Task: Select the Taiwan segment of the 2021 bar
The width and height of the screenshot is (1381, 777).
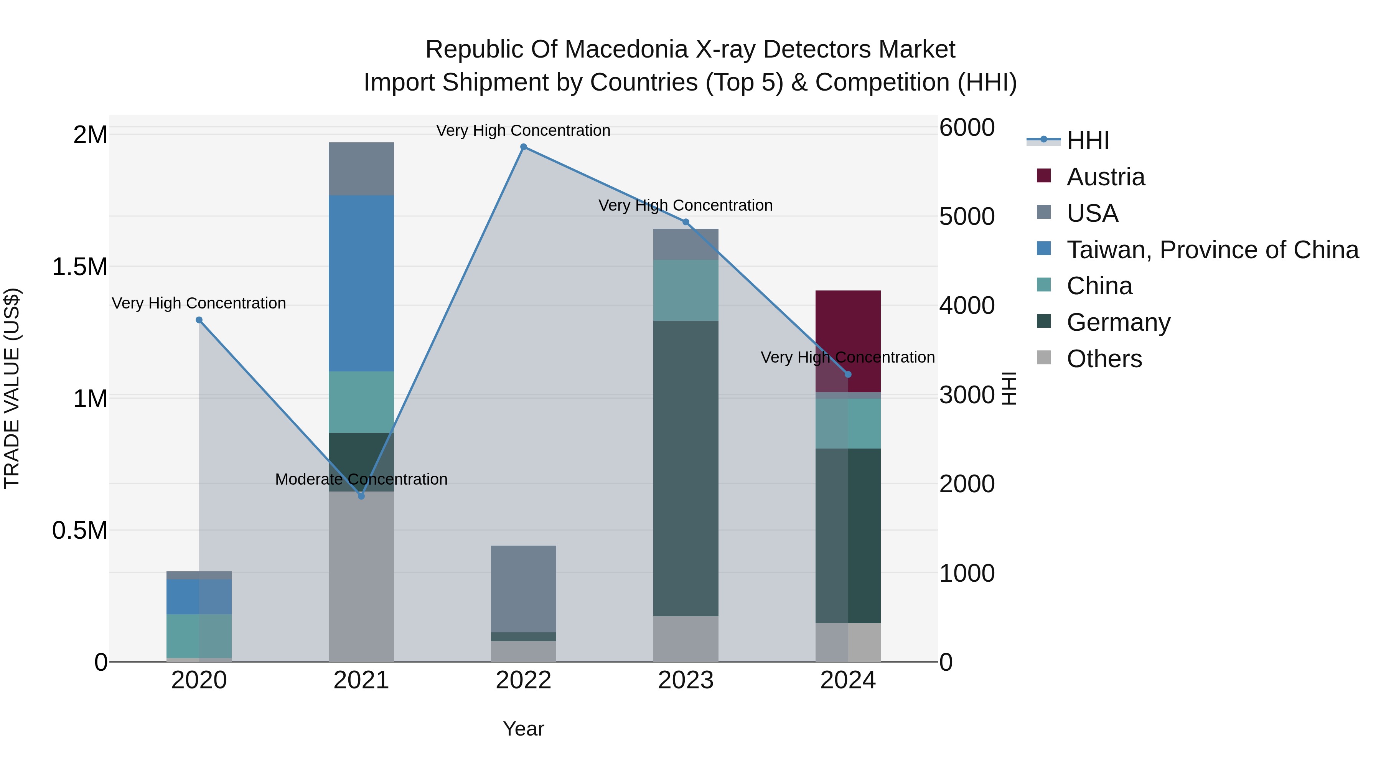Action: point(361,283)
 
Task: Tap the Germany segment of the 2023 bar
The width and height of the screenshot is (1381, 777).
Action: point(685,468)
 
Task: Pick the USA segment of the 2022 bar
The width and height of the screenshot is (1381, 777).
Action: point(523,588)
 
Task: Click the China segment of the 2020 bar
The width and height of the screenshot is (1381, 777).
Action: point(199,635)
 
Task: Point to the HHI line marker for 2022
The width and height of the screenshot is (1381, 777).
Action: point(524,147)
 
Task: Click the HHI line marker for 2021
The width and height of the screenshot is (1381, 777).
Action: point(361,496)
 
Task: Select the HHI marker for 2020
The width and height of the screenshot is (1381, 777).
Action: point(199,320)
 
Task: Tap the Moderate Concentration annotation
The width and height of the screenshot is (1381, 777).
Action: point(361,479)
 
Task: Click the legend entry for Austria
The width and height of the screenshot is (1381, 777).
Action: point(1106,177)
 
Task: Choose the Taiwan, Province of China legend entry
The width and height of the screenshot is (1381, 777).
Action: point(1211,250)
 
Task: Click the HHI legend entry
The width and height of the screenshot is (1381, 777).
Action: point(1087,140)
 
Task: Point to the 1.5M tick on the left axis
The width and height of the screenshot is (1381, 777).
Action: point(80,267)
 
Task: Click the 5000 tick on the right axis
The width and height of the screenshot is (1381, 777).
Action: point(967,217)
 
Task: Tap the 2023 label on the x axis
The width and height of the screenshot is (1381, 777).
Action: point(686,680)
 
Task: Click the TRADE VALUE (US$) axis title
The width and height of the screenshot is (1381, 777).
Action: point(12,388)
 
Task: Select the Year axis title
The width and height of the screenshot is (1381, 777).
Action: point(523,729)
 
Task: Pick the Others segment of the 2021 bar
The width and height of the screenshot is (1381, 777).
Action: point(361,576)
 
